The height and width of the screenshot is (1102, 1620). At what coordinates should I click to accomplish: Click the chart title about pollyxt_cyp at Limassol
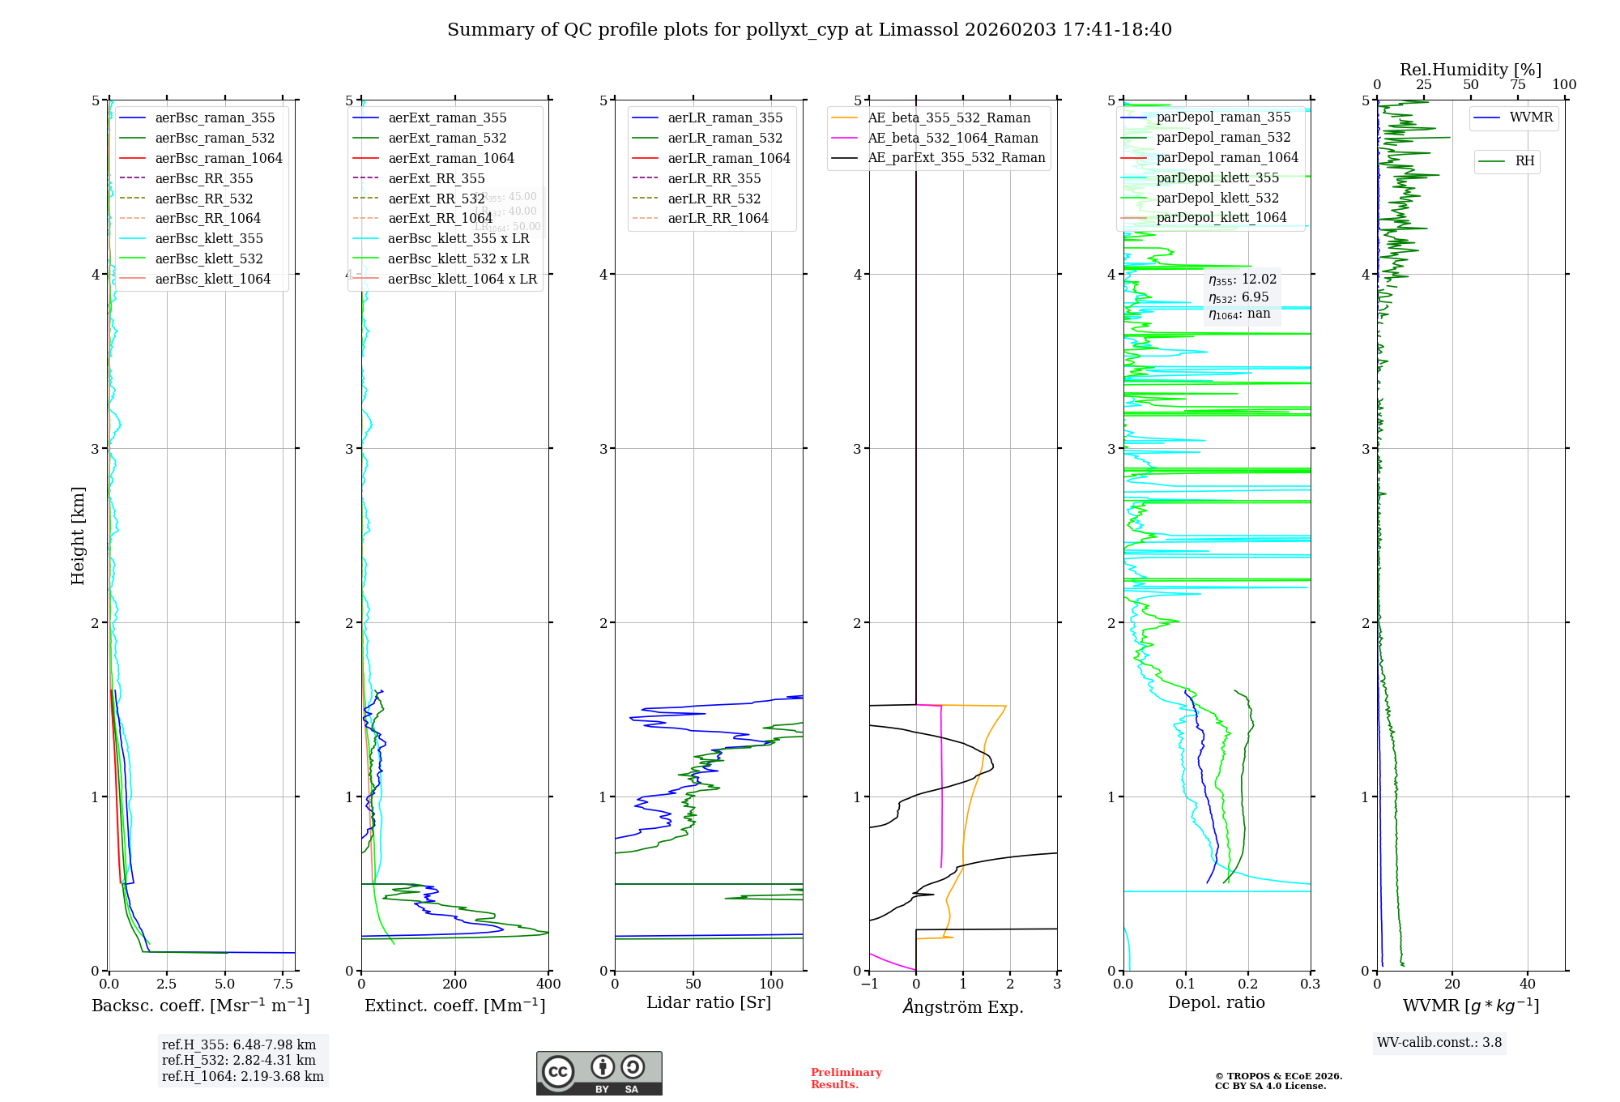pyautogui.click(x=809, y=30)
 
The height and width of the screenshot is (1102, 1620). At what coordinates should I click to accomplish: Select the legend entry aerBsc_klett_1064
pyautogui.click(x=212, y=279)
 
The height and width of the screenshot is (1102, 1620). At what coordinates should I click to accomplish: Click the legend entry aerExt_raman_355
pyautogui.click(x=447, y=118)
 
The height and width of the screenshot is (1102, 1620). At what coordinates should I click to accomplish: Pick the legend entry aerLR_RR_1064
pyautogui.click(x=718, y=218)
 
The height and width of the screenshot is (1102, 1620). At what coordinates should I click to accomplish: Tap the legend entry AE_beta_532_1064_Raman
pyautogui.click(x=953, y=138)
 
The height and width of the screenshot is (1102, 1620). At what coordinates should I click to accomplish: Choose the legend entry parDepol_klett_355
pyautogui.click(x=1217, y=177)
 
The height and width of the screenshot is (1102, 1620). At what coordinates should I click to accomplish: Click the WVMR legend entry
pyautogui.click(x=1531, y=117)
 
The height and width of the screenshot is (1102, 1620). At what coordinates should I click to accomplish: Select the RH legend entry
pyautogui.click(x=1524, y=161)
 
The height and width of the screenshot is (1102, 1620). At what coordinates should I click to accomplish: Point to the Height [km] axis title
pyautogui.click(x=78, y=535)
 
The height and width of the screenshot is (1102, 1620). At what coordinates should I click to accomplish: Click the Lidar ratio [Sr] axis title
pyautogui.click(x=709, y=1002)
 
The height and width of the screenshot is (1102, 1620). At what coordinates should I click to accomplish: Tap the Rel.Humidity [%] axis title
pyautogui.click(x=1470, y=70)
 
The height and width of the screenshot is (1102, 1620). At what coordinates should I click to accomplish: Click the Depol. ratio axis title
pyautogui.click(x=1216, y=1002)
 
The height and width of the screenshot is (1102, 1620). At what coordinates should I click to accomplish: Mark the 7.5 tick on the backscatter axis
pyautogui.click(x=283, y=984)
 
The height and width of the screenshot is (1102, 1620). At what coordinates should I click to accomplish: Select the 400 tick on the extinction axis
pyautogui.click(x=548, y=984)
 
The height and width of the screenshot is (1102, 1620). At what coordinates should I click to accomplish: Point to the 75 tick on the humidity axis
pyautogui.click(x=1517, y=84)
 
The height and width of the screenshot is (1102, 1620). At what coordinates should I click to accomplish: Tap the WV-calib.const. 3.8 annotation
pyautogui.click(x=1439, y=1042)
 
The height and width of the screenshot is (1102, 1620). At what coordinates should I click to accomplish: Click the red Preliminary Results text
pyautogui.click(x=846, y=1078)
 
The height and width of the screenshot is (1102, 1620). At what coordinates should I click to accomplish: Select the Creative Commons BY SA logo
pyautogui.click(x=599, y=1073)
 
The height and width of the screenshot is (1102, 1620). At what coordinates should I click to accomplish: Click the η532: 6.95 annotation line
pyautogui.click(x=1238, y=297)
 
